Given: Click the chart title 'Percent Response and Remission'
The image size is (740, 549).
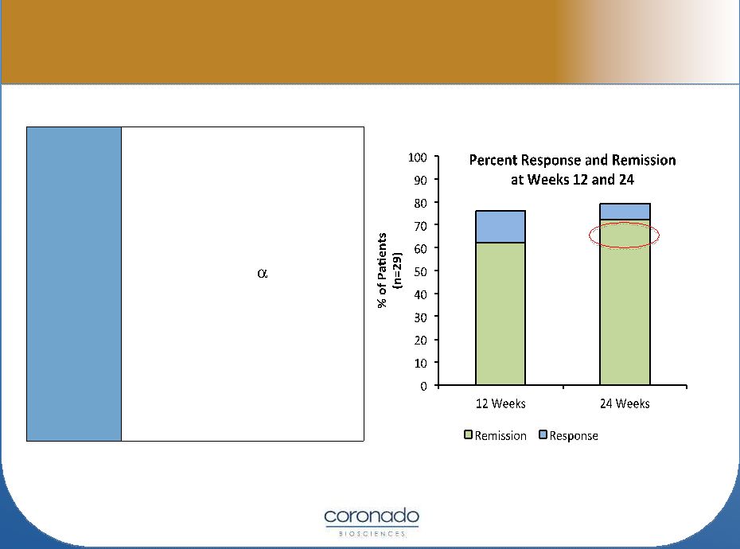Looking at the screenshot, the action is point(572,161).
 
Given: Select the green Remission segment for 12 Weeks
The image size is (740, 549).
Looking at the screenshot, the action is point(500,314).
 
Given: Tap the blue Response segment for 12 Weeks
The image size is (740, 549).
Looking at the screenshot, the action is point(500,227).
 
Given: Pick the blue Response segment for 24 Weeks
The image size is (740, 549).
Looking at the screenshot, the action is point(625,212).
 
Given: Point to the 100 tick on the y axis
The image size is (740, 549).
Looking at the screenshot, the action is point(417,158).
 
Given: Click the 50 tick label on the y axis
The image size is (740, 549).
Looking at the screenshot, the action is point(420,271).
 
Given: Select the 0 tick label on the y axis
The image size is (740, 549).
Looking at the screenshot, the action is point(423,386).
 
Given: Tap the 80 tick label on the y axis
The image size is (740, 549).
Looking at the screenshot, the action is point(420,203).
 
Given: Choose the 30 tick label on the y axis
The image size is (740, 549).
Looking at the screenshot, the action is point(420,317).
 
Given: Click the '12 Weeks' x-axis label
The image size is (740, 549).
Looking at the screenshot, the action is point(500,403).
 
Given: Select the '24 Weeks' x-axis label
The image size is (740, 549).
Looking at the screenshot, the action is point(625,403).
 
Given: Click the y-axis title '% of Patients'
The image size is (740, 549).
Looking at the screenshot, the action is point(382,270).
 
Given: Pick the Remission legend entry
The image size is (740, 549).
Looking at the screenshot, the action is point(495,435).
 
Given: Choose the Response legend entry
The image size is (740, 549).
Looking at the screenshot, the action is point(568,435).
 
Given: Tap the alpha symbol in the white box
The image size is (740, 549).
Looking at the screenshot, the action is point(263,274).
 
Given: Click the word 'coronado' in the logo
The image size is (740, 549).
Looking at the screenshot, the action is point(372,516).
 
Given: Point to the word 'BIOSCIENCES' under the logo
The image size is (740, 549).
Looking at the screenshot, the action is point(372,534).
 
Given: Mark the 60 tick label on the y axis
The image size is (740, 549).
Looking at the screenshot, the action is point(420,249).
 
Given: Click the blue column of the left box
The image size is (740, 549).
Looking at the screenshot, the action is point(74,284).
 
